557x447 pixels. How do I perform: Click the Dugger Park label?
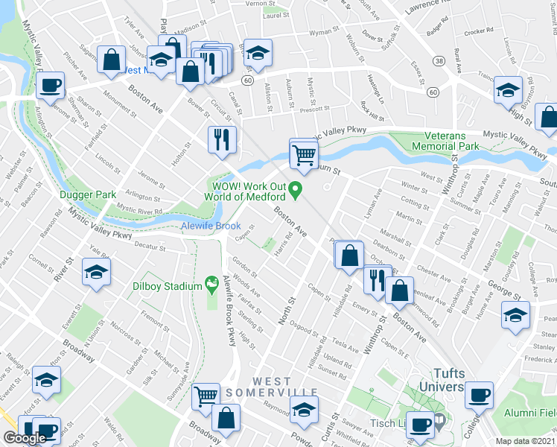pos(88,194)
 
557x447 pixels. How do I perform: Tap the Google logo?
pos(25,438)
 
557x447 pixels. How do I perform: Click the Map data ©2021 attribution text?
pos(526,441)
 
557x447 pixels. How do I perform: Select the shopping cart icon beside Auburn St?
pos(304,156)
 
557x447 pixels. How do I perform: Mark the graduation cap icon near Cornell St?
pos(96,273)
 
